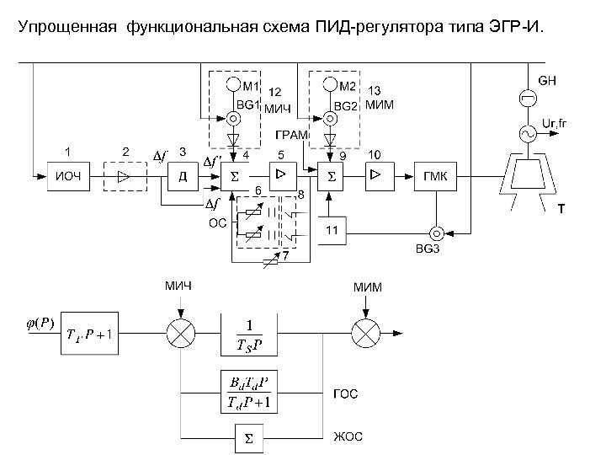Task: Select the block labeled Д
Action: pos(182,176)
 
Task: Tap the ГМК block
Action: pos(436,176)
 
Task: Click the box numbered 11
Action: pos(332,229)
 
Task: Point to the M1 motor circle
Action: pos(231,85)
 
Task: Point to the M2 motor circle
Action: pos(327,85)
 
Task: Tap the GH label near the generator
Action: pos(548,81)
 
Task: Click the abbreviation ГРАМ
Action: pos(291,135)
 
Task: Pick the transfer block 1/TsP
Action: pos(248,335)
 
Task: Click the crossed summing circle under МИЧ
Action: pos(178,335)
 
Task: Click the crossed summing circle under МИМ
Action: pos(368,335)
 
